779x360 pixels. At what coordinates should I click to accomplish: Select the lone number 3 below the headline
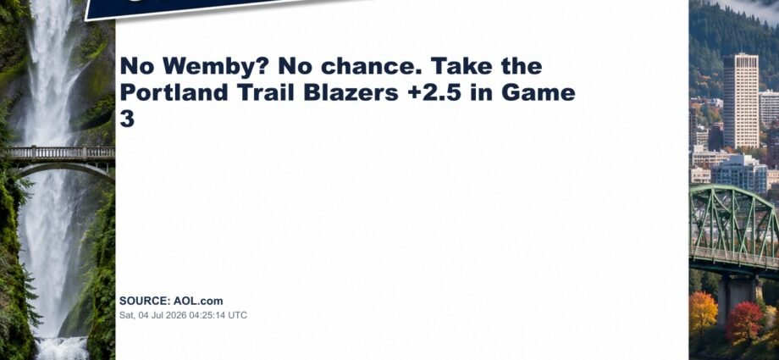(x=127, y=119)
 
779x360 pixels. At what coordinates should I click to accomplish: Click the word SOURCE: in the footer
(x=145, y=301)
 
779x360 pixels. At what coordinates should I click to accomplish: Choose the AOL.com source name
(x=198, y=301)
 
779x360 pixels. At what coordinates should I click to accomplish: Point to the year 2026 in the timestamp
(x=171, y=315)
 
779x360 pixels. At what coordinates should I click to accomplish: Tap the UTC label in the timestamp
(x=237, y=315)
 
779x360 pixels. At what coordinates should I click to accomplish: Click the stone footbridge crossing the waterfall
(x=58, y=157)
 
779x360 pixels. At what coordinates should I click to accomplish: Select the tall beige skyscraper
(x=740, y=101)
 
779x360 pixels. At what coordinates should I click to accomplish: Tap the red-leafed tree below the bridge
(x=743, y=321)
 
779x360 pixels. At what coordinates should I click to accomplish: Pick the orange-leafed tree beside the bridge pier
(x=703, y=313)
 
